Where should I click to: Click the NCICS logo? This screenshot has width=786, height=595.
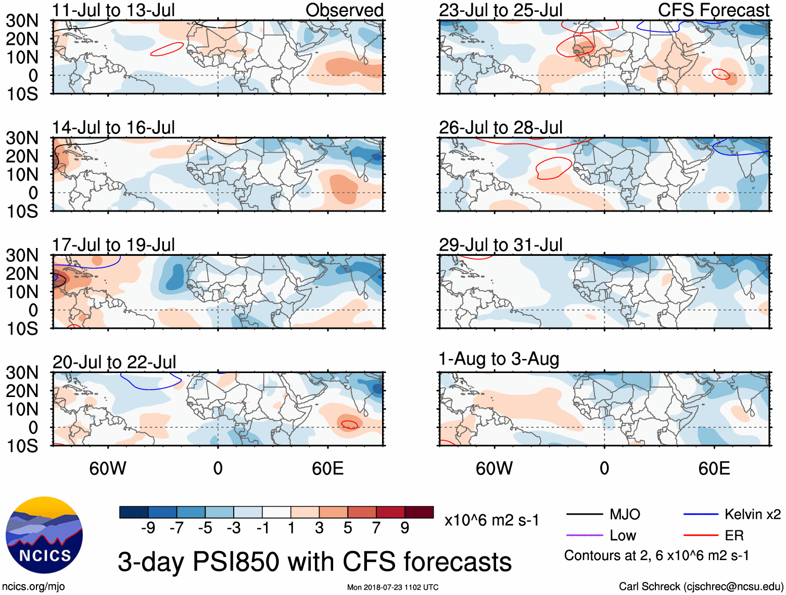(x=44, y=535)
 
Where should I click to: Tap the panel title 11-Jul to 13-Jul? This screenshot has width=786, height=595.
(x=113, y=10)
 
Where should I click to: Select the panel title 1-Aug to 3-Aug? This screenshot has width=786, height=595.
(x=499, y=359)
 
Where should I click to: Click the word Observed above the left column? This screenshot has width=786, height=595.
(x=344, y=10)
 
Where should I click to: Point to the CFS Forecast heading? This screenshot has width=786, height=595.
(x=714, y=10)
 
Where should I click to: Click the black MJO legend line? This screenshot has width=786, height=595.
(x=585, y=514)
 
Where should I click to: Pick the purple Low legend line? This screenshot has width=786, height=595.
(x=585, y=535)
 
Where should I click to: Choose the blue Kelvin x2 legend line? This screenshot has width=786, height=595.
(x=701, y=514)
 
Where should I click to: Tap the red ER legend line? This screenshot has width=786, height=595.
(x=701, y=535)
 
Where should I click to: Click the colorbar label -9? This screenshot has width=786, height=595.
(x=148, y=528)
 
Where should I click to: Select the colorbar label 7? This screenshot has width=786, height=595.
(x=376, y=528)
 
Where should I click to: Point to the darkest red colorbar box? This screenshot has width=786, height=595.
(x=419, y=512)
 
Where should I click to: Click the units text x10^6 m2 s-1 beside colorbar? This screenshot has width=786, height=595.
(x=492, y=520)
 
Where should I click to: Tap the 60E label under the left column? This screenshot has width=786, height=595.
(x=327, y=468)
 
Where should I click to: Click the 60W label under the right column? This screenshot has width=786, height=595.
(x=494, y=468)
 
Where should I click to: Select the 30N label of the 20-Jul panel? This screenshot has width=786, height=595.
(x=22, y=373)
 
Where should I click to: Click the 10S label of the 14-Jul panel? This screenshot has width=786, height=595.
(x=22, y=211)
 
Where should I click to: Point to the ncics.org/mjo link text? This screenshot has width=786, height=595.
(x=33, y=587)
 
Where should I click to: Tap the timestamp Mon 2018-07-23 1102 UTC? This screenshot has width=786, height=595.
(x=392, y=587)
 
